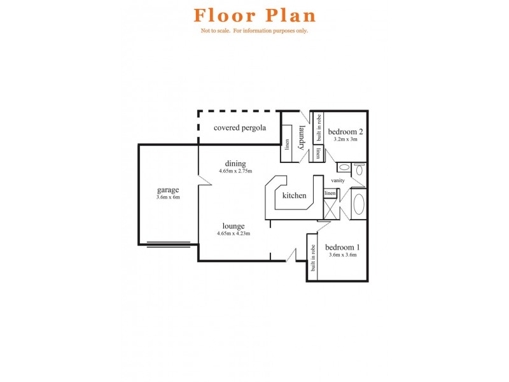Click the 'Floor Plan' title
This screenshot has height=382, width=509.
click(x=254, y=15)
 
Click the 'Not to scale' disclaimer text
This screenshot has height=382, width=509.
click(x=254, y=31)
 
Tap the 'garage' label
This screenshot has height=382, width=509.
click(x=168, y=190)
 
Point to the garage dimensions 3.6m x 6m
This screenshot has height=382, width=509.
click(x=168, y=197)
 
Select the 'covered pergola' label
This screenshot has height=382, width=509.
click(x=239, y=127)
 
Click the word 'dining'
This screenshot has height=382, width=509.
click(x=235, y=164)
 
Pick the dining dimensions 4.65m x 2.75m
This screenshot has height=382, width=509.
click(x=235, y=171)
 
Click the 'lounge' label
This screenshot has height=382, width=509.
click(x=234, y=225)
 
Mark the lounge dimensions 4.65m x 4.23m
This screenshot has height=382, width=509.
click(x=234, y=233)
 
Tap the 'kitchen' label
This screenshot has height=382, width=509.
click(x=295, y=195)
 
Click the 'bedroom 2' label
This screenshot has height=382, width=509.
click(x=345, y=132)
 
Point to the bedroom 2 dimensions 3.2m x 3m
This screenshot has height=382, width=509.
click(x=345, y=139)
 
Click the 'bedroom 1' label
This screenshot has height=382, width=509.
click(x=342, y=247)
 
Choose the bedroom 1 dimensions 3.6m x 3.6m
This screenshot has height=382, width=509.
click(x=342, y=255)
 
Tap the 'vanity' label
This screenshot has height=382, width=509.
click(x=338, y=181)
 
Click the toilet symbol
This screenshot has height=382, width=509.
click(x=359, y=169)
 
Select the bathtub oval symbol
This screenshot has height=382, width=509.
click(x=359, y=204)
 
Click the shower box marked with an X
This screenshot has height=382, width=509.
click(x=330, y=209)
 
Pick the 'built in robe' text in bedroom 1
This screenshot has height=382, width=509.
click(x=313, y=258)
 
